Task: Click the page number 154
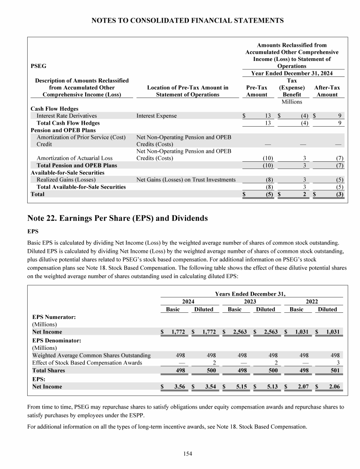point(187,454)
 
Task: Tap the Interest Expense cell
point(157,116)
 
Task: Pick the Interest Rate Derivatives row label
point(67,116)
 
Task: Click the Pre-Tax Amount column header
point(256,91)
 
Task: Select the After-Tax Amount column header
point(327,91)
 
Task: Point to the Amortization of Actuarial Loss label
point(75,158)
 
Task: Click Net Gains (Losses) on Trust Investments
point(186,180)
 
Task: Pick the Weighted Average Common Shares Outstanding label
point(91,356)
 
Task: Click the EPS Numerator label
point(54,317)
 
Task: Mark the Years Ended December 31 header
point(250,294)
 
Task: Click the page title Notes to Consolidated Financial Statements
point(187,21)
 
